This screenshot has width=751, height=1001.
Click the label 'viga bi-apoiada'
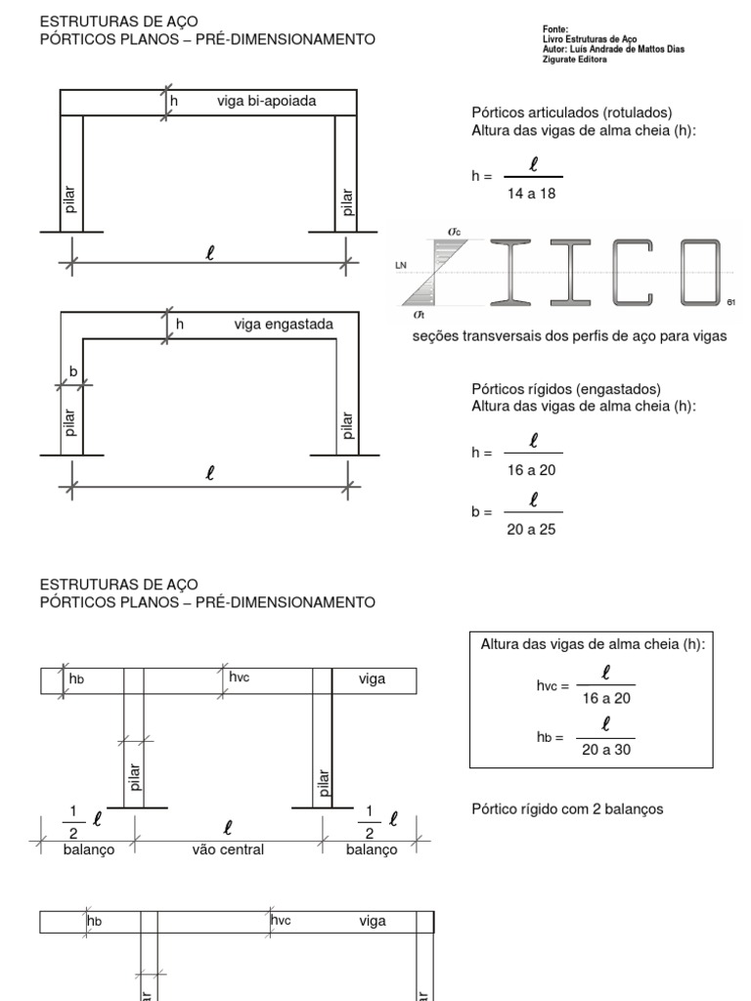point(266,101)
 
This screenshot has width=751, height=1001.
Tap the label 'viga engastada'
point(284,324)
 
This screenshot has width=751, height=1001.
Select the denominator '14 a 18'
point(532,194)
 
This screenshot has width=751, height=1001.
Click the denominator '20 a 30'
point(605,749)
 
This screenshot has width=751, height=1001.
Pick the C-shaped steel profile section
point(629,271)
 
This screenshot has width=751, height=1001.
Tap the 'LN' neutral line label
point(400,265)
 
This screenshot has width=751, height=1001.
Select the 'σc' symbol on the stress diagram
point(455,231)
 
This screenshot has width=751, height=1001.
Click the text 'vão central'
point(228,849)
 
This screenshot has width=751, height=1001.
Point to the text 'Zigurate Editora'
point(575,59)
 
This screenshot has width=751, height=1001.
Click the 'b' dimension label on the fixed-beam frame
point(72,372)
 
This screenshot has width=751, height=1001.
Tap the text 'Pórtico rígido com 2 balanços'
point(567,808)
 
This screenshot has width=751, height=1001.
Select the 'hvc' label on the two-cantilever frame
point(240,676)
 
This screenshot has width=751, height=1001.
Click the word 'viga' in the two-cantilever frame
point(372,679)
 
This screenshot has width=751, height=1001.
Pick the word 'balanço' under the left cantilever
point(88,849)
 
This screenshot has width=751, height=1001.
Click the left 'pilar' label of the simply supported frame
point(69,199)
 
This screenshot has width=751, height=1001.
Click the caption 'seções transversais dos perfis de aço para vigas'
point(571,337)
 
